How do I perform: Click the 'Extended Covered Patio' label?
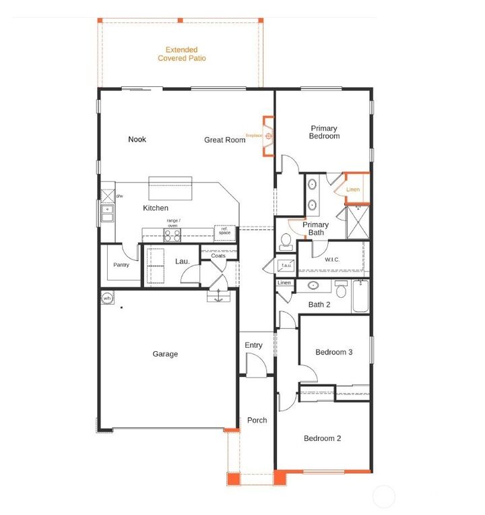click(x=182, y=54)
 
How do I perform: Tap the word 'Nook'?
click(x=137, y=140)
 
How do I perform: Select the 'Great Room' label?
click(x=225, y=140)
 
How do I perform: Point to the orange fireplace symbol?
click(x=268, y=136)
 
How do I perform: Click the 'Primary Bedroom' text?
click(x=324, y=132)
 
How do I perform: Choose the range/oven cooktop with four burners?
click(x=172, y=235)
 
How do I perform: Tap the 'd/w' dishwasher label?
click(x=119, y=196)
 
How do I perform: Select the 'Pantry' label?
click(x=121, y=265)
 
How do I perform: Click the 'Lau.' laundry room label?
click(x=183, y=261)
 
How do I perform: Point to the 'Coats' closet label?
click(x=218, y=256)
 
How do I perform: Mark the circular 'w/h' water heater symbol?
click(x=107, y=298)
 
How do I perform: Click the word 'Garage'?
click(x=165, y=354)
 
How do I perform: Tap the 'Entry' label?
click(x=253, y=346)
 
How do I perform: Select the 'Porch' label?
click(x=257, y=420)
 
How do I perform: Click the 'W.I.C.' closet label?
click(x=332, y=260)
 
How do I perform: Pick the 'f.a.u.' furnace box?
click(x=286, y=265)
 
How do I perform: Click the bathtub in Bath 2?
click(x=361, y=297)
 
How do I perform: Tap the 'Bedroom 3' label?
click(x=334, y=353)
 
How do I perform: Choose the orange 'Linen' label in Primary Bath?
click(x=353, y=190)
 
